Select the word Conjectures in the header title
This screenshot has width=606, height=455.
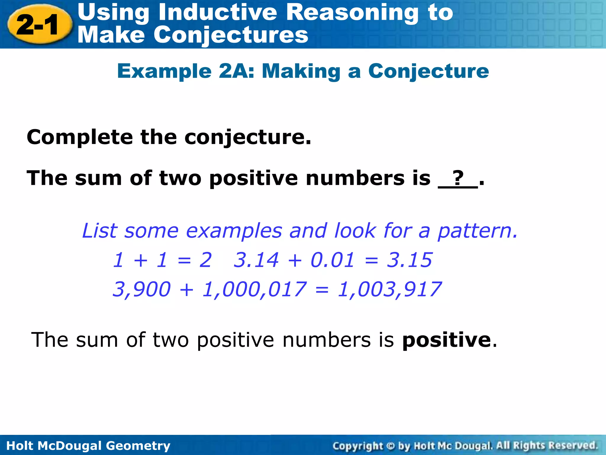click(x=231, y=35)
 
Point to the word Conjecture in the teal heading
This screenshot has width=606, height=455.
click(x=428, y=71)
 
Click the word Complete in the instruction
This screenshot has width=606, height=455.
click(x=80, y=137)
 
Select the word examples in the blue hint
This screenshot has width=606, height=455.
click(x=234, y=231)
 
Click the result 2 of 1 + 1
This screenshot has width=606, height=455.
click(x=205, y=260)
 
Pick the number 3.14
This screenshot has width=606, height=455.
click(x=256, y=260)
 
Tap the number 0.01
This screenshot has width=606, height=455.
click(x=332, y=260)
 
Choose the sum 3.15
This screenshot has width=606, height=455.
click(x=410, y=260)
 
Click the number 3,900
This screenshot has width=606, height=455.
click(x=142, y=289)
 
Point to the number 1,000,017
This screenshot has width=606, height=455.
click(x=254, y=289)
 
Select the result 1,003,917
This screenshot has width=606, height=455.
click(x=389, y=289)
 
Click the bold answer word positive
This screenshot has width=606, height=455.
click(x=447, y=340)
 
